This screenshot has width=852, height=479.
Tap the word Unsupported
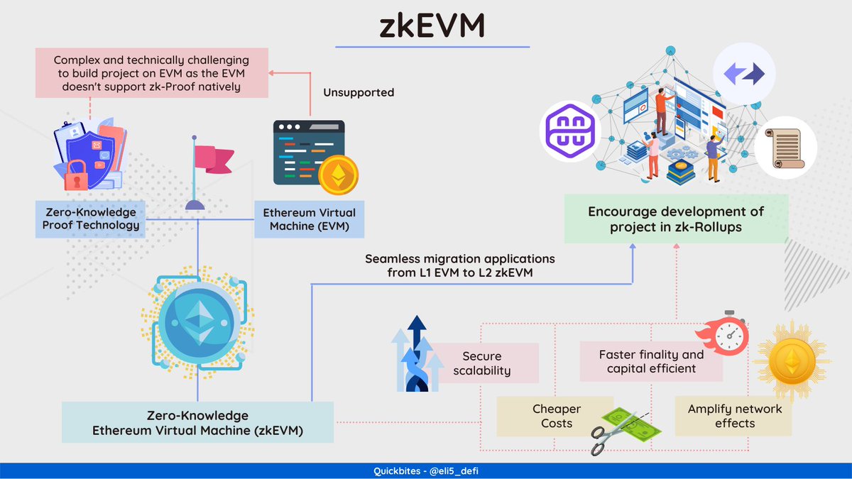(358, 92)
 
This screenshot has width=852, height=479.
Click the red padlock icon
(76, 174)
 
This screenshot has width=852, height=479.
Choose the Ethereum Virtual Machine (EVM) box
(310, 219)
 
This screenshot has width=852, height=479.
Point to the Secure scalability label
(481, 363)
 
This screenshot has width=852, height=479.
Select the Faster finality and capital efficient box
(651, 361)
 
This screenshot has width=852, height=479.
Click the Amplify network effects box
(734, 417)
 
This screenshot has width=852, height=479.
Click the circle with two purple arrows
(743, 74)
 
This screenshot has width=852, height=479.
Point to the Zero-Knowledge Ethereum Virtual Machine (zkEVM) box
(197, 422)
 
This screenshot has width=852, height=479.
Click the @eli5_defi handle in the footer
(450, 470)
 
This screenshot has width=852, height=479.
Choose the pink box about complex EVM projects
(153, 72)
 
